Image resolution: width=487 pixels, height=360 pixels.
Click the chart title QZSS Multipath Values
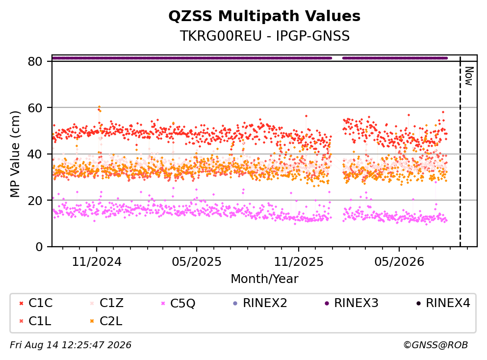(264, 16)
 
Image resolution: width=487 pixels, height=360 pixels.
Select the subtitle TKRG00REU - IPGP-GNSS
(265, 36)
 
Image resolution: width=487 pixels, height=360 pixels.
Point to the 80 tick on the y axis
(35, 61)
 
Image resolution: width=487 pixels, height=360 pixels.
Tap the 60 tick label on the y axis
(35, 108)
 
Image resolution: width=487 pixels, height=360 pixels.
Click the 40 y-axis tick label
(35, 154)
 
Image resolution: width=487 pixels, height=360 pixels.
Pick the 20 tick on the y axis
(35, 200)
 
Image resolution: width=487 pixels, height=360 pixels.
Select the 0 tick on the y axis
(39, 247)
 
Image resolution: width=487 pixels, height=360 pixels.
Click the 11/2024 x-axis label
(97, 262)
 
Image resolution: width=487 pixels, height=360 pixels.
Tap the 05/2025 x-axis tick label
(197, 262)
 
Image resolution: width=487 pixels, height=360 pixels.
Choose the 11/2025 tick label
(299, 262)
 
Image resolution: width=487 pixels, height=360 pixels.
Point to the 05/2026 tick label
(399, 262)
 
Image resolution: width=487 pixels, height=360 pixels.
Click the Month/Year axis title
(264, 279)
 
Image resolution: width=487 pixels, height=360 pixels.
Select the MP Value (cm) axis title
(15, 154)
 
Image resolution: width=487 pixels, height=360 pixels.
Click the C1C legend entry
(36, 303)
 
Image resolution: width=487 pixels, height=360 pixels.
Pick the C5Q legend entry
(178, 303)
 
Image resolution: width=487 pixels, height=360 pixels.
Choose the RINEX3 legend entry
(351, 303)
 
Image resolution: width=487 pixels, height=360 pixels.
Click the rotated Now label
(469, 76)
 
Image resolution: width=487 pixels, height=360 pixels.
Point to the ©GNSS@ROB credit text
(436, 345)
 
